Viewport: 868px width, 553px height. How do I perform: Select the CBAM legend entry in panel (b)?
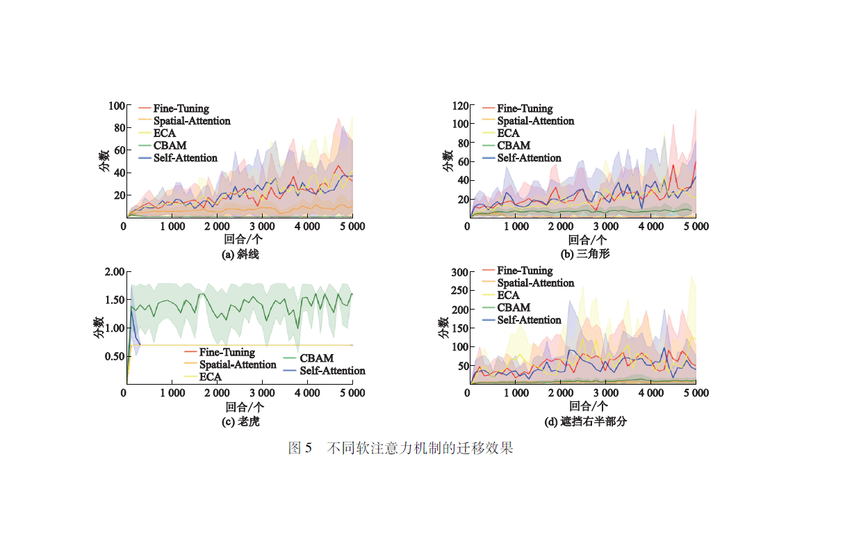click(x=514, y=145)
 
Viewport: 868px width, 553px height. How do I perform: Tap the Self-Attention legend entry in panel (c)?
click(x=332, y=371)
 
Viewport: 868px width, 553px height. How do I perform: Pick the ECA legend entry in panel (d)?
click(x=508, y=296)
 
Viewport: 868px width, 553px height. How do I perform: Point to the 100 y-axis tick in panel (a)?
click(x=116, y=106)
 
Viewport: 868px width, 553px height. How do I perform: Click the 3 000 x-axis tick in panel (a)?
click(x=261, y=227)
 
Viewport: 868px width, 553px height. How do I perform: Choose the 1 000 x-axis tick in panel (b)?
click(x=515, y=227)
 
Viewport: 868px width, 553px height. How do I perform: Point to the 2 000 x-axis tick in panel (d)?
click(x=559, y=393)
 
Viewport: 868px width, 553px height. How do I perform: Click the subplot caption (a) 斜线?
click(x=240, y=255)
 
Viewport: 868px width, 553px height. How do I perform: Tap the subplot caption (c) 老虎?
click(x=240, y=422)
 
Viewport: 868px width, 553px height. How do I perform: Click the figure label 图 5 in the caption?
click(x=300, y=448)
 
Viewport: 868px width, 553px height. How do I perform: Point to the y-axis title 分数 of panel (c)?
click(x=99, y=327)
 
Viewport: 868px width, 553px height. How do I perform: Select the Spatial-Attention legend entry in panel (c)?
click(x=238, y=364)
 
